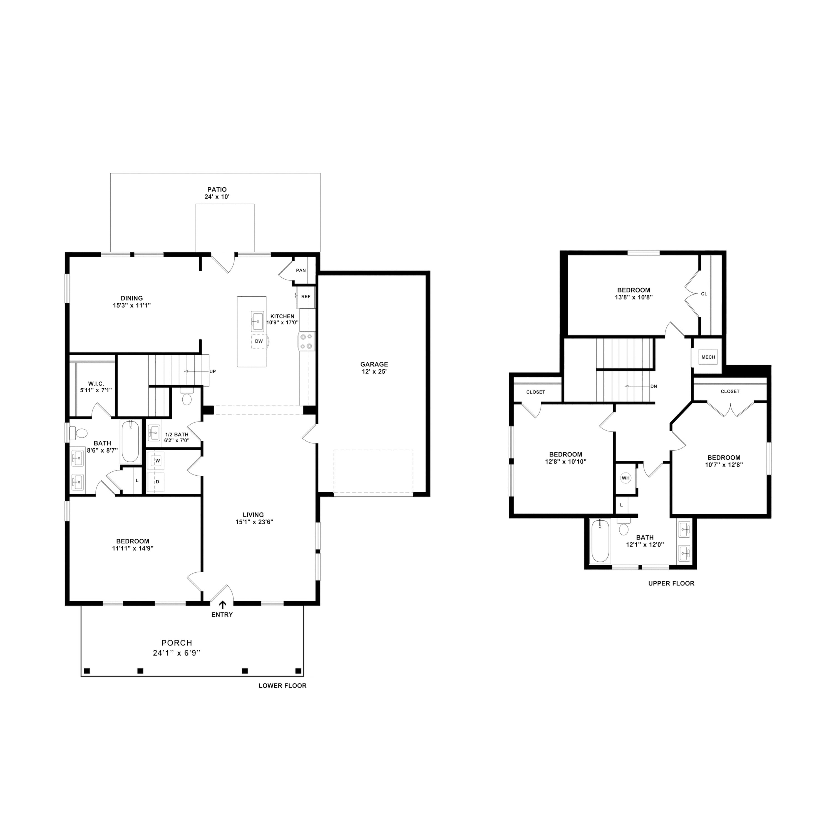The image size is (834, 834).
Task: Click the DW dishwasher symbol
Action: tap(259, 341)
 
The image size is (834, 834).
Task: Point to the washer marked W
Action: tap(158, 461)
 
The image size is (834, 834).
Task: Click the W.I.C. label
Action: tap(96, 384)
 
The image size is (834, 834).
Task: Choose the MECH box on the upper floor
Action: tap(708, 357)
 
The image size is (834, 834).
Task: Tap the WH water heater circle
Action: tap(625, 478)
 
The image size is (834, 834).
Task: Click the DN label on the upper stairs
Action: tap(654, 386)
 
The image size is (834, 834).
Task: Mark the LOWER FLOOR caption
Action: tap(282, 686)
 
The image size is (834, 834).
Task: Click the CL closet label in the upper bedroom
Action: tap(704, 294)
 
